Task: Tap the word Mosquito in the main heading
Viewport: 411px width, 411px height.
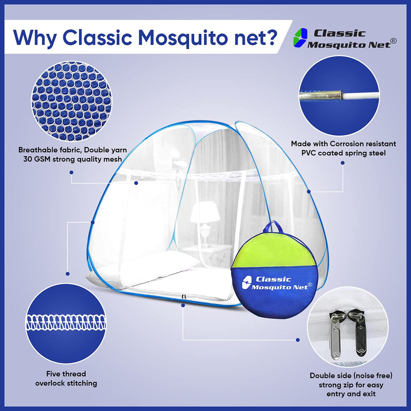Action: click(177, 37)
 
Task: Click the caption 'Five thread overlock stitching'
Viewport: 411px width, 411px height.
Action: click(66, 378)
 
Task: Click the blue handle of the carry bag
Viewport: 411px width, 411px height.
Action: click(273, 227)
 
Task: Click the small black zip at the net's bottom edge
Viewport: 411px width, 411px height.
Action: click(183, 296)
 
